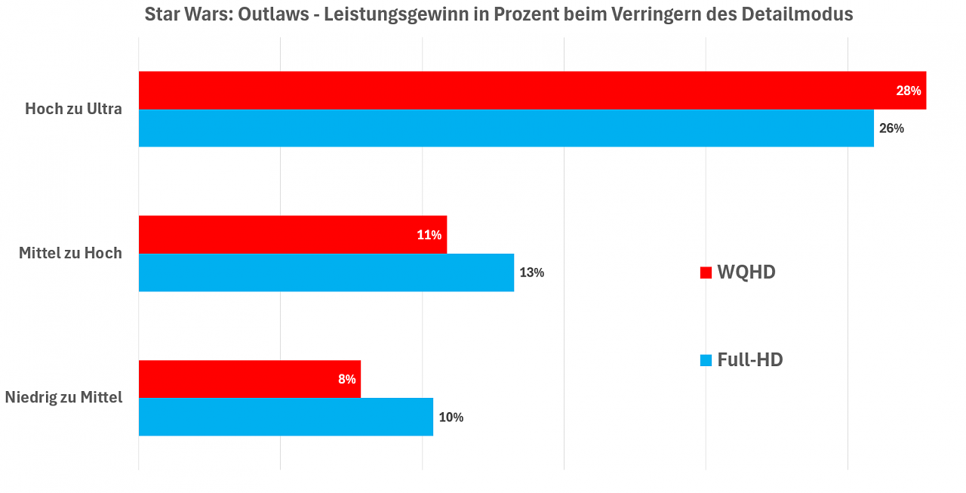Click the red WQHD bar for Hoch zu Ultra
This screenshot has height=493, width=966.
(532, 90)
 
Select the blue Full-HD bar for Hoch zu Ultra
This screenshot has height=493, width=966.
(506, 128)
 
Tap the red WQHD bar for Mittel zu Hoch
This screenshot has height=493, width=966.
(293, 235)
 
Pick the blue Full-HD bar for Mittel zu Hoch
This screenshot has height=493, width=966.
(327, 273)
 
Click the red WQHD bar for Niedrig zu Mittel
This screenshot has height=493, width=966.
(250, 379)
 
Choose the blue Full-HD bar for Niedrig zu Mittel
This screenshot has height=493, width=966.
(286, 417)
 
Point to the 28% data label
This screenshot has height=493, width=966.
(908, 91)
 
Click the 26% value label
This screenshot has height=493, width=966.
(891, 128)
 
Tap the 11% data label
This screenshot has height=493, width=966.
(429, 235)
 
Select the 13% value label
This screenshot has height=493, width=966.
(532, 273)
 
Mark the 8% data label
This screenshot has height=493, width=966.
(346, 379)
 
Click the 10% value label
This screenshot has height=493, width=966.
(451, 417)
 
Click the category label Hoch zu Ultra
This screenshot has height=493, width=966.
(73, 109)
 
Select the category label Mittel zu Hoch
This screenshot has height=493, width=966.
(70, 253)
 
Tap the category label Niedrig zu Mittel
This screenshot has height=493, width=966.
(64, 397)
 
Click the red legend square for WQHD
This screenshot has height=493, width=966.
(706, 273)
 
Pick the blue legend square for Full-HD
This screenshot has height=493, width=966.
(706, 360)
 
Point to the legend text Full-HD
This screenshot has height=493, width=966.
(750, 359)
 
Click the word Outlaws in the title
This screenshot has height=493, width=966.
(273, 14)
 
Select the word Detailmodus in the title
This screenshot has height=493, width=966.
(798, 14)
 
